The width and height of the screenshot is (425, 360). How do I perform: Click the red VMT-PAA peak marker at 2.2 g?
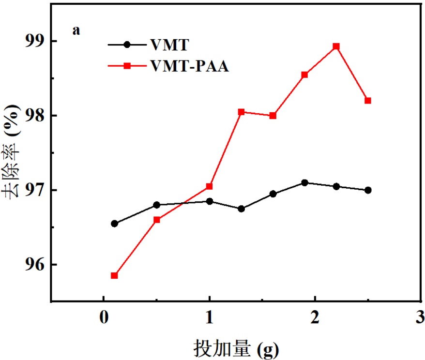[336, 46]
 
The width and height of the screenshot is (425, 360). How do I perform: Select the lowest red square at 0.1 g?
[114, 275]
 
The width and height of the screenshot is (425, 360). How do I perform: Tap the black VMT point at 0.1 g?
[114, 224]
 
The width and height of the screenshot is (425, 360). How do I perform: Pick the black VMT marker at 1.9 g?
[304, 182]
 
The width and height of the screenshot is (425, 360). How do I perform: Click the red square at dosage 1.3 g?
[241, 112]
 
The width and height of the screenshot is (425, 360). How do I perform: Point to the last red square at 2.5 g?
[368, 101]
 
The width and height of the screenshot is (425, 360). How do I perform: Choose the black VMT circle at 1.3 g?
[241, 209]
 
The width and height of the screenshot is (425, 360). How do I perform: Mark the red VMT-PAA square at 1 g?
[210, 186]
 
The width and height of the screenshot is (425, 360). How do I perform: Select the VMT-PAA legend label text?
[189, 66]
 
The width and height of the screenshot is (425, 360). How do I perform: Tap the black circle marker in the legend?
[127, 45]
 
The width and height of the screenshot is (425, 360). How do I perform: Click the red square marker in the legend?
[127, 66]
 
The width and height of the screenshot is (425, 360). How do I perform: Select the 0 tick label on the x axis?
[104, 319]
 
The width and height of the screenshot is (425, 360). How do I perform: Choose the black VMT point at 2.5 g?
[368, 190]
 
